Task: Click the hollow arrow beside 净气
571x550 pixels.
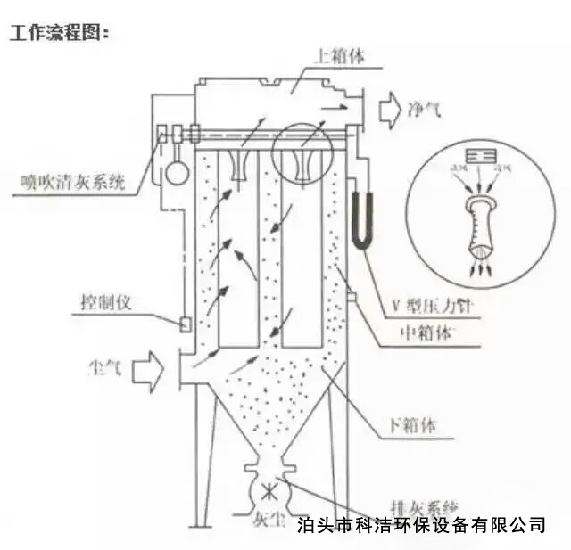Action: click(389, 111)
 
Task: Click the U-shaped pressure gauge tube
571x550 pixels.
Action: click(360, 219)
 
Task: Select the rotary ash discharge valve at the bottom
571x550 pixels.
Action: click(268, 488)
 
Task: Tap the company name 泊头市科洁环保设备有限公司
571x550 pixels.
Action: click(420, 524)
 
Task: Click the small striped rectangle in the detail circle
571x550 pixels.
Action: click(476, 156)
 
